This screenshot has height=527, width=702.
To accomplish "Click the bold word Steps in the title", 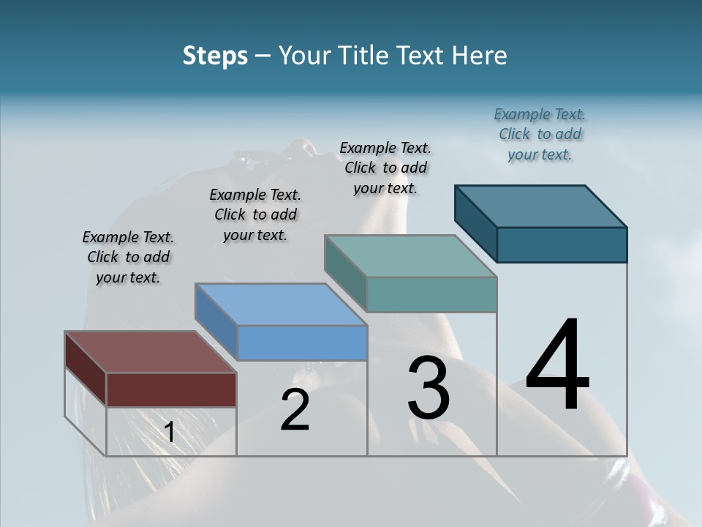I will [x=215, y=56].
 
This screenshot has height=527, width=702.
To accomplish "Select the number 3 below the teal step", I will [x=429, y=388].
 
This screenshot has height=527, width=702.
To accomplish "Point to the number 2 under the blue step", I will [x=295, y=411].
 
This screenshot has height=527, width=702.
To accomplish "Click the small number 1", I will [x=169, y=433].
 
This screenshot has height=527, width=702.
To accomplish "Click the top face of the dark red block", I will [x=150, y=352].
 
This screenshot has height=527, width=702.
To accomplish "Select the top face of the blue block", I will [x=281, y=304].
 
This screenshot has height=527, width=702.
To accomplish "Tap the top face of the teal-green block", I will [x=411, y=256].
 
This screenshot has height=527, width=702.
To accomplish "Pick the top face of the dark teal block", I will [x=541, y=206].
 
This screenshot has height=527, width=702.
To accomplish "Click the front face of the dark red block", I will [x=171, y=389].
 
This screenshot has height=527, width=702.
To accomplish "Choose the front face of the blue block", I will [x=302, y=343].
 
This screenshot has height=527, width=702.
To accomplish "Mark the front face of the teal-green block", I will [x=431, y=294].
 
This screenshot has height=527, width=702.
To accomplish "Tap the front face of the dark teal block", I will [x=562, y=244].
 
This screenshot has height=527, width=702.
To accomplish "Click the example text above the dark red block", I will [x=128, y=258].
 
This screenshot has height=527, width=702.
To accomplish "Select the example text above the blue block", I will [x=255, y=215].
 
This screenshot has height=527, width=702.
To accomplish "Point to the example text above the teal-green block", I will [x=385, y=168].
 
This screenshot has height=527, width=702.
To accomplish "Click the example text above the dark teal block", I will [x=540, y=135].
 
